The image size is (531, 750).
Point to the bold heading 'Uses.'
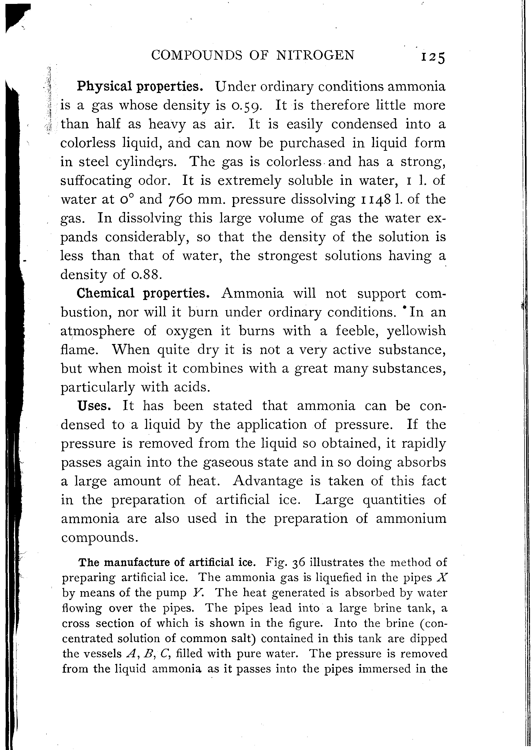94,406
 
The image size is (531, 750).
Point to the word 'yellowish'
416,331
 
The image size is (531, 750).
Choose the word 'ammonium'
411,519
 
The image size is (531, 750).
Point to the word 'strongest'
287,256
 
